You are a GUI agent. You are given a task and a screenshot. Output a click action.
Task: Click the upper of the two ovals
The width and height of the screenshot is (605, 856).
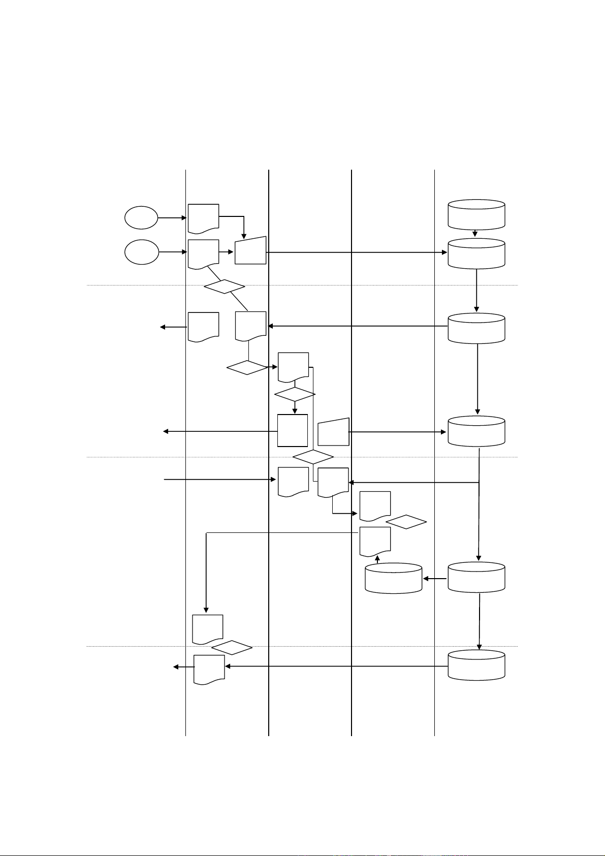[141, 218]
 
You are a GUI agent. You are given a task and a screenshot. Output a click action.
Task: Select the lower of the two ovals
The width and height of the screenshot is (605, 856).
[141, 251]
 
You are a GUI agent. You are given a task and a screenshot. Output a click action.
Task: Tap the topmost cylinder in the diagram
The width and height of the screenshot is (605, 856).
[476, 214]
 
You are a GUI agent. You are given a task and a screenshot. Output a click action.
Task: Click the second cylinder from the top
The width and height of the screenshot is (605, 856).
[476, 252]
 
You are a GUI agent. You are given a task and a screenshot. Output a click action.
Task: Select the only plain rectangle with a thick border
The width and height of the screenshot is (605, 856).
[293, 430]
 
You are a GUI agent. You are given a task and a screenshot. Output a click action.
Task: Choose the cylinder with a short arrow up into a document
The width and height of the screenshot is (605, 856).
[394, 578]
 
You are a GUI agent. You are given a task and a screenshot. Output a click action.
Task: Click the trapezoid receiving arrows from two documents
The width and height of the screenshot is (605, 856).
[250, 250]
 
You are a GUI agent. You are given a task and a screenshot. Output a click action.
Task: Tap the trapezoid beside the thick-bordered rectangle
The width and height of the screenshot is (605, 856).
[334, 432]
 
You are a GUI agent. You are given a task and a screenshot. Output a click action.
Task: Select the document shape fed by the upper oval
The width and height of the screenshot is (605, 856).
[203, 218]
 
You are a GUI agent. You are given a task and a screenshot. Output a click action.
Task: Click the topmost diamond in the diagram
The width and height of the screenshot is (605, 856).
[224, 287]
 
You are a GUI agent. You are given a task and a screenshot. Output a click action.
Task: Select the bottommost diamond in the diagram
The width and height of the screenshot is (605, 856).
[232, 648]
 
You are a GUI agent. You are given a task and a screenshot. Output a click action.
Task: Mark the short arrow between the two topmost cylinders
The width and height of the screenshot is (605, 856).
[475, 233]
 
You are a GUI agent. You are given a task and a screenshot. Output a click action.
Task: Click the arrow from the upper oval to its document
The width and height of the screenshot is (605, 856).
[173, 218]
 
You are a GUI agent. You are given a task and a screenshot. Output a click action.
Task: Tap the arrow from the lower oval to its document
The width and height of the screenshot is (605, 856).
[173, 251]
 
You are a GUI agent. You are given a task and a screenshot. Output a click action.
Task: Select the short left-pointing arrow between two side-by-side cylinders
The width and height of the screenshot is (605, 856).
[435, 578]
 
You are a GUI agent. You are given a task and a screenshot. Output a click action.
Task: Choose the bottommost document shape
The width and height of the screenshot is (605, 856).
[209, 670]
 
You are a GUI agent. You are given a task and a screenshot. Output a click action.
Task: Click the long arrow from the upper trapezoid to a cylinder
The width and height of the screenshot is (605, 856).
[356, 252]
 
